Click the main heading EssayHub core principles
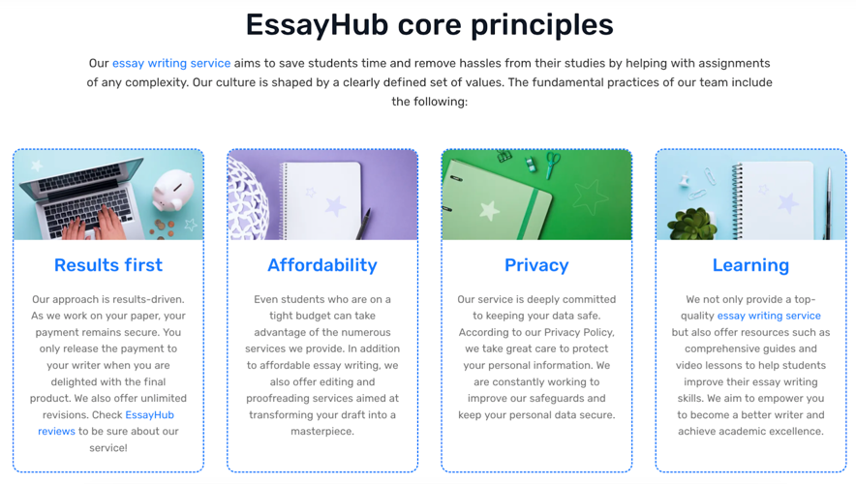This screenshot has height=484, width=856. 428,24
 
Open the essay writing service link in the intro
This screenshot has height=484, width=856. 171,63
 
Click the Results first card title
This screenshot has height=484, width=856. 108,265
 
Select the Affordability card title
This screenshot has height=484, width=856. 322,265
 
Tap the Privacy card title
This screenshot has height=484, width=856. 536,265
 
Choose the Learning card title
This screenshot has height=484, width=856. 750,265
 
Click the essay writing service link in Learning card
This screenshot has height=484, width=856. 769,316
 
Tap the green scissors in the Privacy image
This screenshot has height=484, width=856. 552,164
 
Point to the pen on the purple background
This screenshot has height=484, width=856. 363,224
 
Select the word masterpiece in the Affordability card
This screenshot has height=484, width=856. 322,431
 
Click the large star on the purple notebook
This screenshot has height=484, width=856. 335,205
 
